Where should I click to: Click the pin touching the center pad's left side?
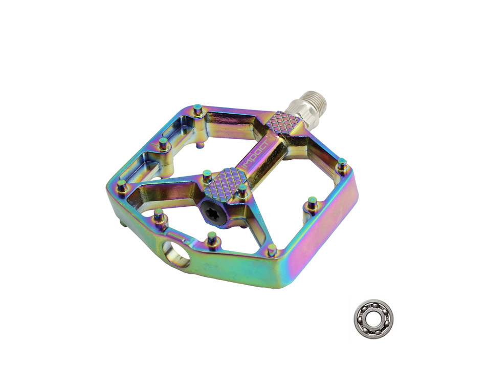coord(207,176)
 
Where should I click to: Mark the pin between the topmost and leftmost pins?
coord(163,143)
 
